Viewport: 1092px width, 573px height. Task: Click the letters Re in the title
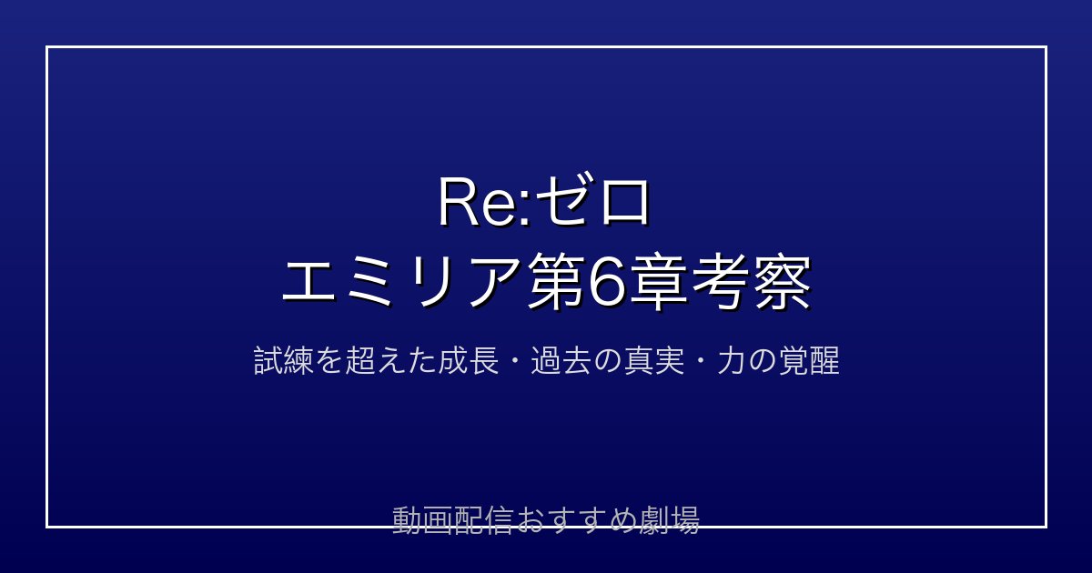click(x=480, y=202)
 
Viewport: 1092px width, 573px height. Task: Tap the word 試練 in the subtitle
click(x=283, y=360)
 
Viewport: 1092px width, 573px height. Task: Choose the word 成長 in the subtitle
click(x=469, y=360)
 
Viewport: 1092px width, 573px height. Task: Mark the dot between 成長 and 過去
click(x=515, y=361)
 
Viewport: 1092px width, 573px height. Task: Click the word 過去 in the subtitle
click(x=561, y=360)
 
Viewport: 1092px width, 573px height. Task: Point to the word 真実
click(x=654, y=360)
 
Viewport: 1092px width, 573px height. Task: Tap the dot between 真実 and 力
click(x=701, y=361)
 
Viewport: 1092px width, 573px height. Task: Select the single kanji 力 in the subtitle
click(x=732, y=360)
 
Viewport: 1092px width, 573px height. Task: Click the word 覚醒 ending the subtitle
click(x=809, y=360)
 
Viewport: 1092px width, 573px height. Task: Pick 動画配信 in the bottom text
click(x=453, y=520)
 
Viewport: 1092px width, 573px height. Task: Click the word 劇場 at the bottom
click(x=670, y=520)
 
